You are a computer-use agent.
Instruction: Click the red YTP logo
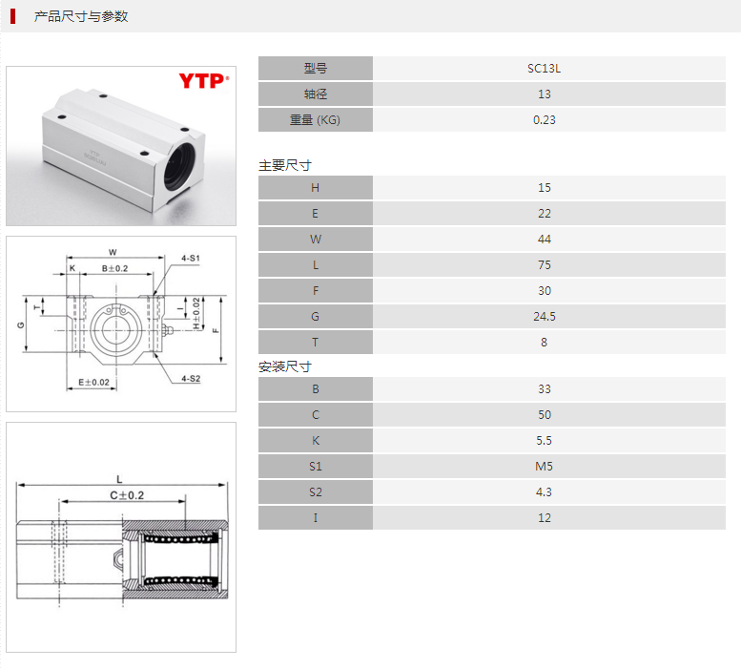point(204,81)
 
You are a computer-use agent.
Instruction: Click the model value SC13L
point(544,69)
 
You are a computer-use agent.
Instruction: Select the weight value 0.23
point(544,120)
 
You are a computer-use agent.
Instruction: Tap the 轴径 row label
point(316,94)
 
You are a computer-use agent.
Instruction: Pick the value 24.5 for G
point(544,317)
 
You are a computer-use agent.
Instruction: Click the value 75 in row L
point(544,265)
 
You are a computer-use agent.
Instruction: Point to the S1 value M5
point(544,467)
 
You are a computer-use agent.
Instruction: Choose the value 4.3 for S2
point(544,492)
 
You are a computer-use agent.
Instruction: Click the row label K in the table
point(316,441)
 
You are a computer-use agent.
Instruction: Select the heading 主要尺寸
point(285,165)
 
